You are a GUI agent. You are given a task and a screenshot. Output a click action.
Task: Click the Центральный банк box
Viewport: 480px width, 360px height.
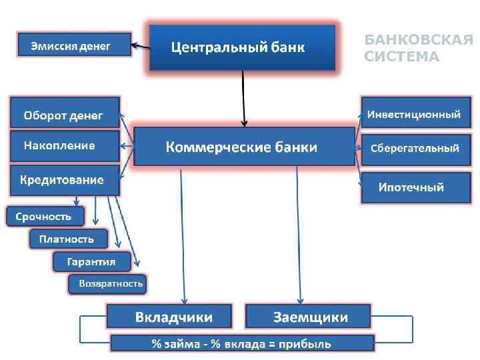pyautogui.click(x=242, y=47)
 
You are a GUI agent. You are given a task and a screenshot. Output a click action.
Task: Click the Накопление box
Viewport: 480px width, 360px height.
pyautogui.click(x=65, y=145)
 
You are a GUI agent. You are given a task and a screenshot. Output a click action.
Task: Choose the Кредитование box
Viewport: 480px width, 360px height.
pyautogui.click(x=65, y=179)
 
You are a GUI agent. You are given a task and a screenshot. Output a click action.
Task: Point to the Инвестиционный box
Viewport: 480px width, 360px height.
pyautogui.click(x=414, y=114)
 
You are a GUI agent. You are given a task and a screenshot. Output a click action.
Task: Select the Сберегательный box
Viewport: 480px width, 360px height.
pyautogui.click(x=414, y=148)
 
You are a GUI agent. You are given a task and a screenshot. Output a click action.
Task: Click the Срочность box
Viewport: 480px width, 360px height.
pyautogui.click(x=46, y=217)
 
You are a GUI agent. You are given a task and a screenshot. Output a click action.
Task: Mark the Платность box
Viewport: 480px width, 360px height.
pyautogui.click(x=67, y=239)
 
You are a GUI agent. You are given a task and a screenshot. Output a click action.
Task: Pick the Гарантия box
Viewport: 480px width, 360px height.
pyautogui.click(x=91, y=261)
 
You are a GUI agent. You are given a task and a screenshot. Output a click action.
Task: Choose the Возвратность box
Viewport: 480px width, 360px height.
pyautogui.click(x=109, y=284)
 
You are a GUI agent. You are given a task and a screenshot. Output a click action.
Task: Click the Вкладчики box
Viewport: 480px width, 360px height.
pyautogui.click(x=169, y=315)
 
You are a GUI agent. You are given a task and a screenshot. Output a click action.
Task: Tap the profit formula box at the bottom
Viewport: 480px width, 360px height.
pyautogui.click(x=241, y=343)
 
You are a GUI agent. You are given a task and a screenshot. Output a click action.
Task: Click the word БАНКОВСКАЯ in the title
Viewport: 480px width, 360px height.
pyautogui.click(x=419, y=41)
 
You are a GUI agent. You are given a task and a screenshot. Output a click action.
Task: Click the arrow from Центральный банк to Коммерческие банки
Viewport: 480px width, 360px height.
pyautogui.click(x=244, y=97)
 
